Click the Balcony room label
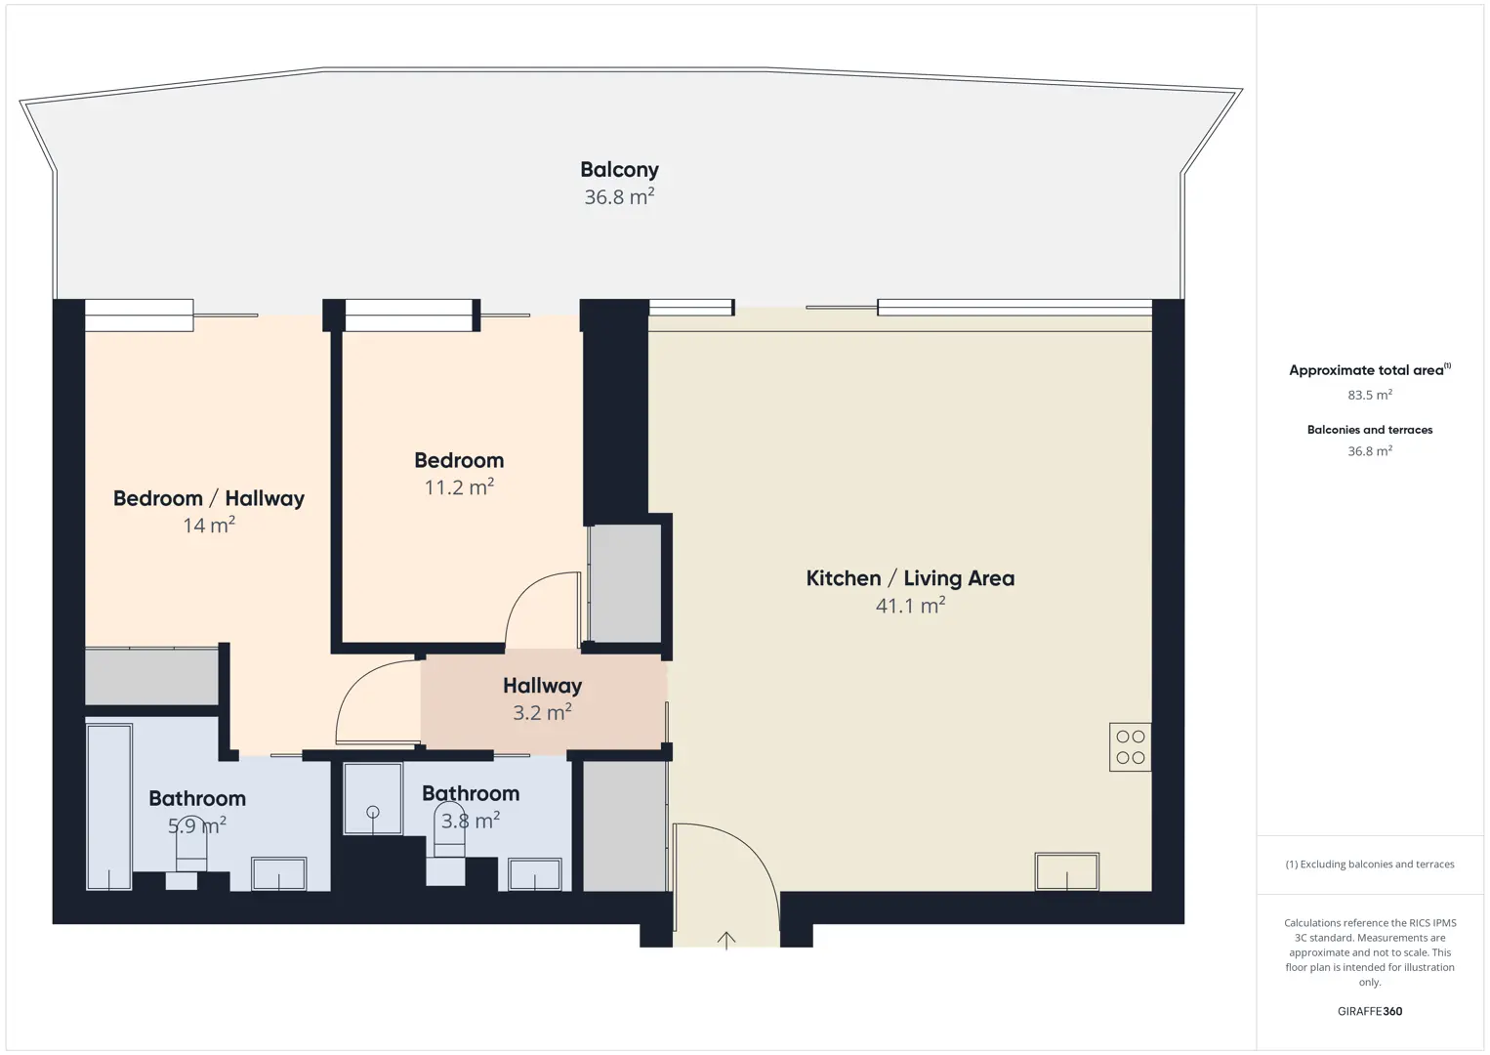tap(619, 170)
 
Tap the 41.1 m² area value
tap(910, 605)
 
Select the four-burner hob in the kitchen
tap(1130, 747)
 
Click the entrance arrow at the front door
tap(726, 941)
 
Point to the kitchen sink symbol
tap(1067, 871)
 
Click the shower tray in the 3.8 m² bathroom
tap(373, 798)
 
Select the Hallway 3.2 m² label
tap(542, 698)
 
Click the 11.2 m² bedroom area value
tap(459, 487)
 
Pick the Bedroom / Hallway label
tap(209, 498)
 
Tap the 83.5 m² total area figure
tap(1370, 395)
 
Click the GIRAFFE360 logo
tap(1370, 1011)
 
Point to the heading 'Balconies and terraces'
tap(1370, 430)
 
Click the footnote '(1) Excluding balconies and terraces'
tap(1370, 864)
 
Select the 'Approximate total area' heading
tap(1370, 370)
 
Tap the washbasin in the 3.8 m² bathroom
tap(535, 874)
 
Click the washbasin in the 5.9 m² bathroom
tap(278, 874)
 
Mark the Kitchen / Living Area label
tap(910, 578)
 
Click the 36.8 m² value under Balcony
tap(619, 197)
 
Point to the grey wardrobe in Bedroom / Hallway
tap(151, 676)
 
